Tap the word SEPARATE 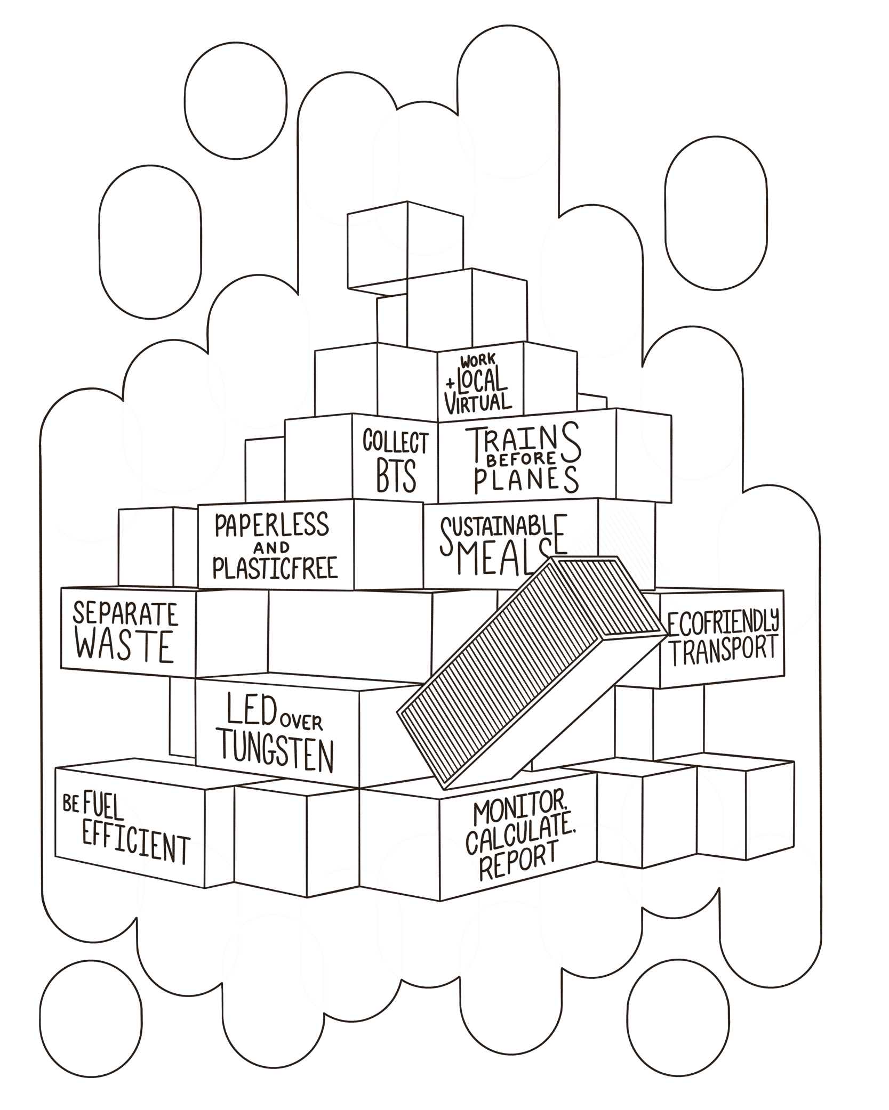coord(125,614)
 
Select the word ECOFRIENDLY coord(723,625)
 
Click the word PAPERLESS coord(272,525)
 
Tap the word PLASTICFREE coord(275,568)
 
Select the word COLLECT coord(395,442)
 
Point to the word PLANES coord(525,480)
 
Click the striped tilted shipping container coord(533,671)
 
